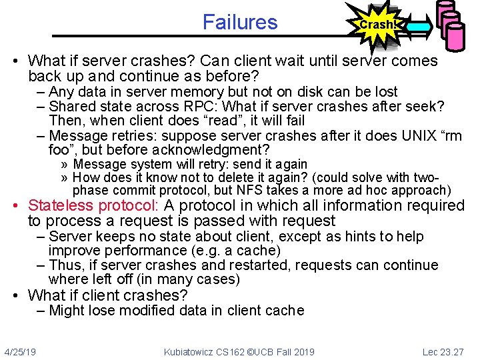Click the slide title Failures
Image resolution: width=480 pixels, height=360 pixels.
pyautogui.click(x=240, y=22)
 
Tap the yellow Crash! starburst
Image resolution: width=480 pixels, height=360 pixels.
pyautogui.click(x=377, y=25)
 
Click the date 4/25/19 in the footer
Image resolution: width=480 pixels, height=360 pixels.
pyautogui.click(x=20, y=351)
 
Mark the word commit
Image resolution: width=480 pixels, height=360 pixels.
pyautogui.click(x=129, y=190)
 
